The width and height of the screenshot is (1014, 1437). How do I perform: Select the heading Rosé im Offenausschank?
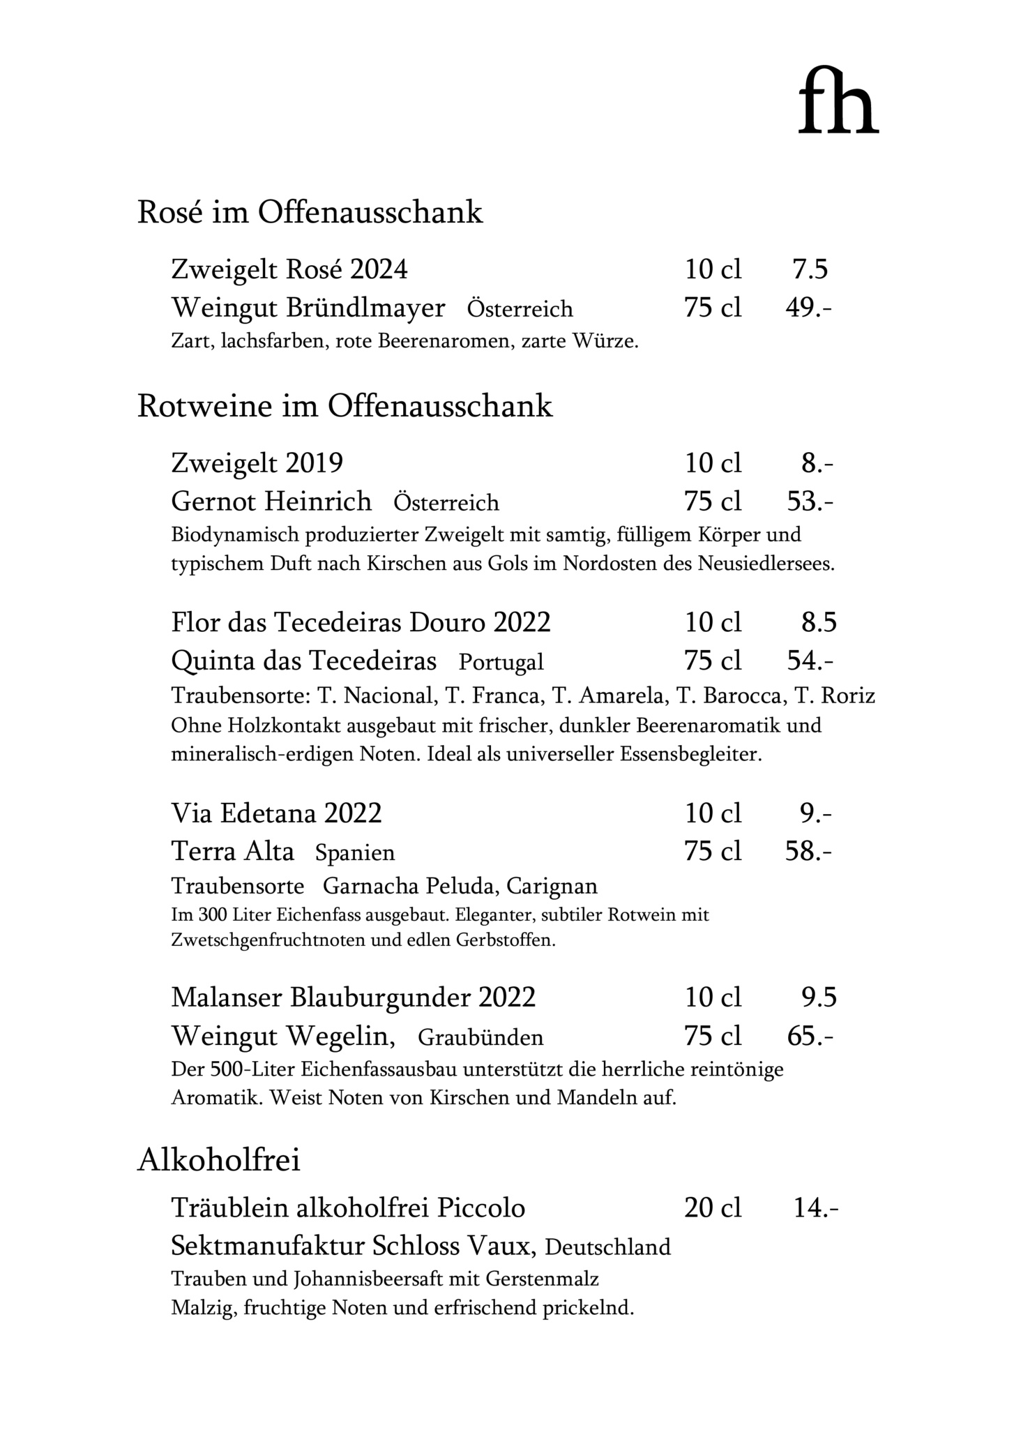pyautogui.click(x=310, y=212)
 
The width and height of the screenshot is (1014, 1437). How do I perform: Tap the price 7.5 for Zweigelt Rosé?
pyautogui.click(x=810, y=269)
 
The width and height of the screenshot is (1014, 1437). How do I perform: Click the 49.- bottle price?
pyautogui.click(x=808, y=308)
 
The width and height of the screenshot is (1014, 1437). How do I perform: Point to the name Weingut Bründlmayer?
pyautogui.click(x=308, y=308)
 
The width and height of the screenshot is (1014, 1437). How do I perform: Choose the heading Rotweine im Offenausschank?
pyautogui.click(x=345, y=406)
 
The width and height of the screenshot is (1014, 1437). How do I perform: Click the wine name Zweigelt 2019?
pyautogui.click(x=257, y=462)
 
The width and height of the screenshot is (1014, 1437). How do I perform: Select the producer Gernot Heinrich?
pyautogui.click(x=271, y=502)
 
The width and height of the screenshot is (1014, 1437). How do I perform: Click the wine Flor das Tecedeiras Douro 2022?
pyautogui.click(x=361, y=622)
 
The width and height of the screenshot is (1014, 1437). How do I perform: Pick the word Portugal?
pyautogui.click(x=501, y=661)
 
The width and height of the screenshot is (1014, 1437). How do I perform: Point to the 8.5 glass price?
pyautogui.click(x=818, y=622)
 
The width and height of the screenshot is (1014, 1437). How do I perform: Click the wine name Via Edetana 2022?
pyautogui.click(x=276, y=813)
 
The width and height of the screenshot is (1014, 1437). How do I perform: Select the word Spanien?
pyautogui.click(x=355, y=852)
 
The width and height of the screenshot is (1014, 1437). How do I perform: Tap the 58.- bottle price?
pyautogui.click(x=808, y=851)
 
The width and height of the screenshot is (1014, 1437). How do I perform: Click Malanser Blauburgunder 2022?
pyautogui.click(x=353, y=998)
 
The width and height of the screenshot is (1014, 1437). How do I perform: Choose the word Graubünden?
pyautogui.click(x=480, y=1037)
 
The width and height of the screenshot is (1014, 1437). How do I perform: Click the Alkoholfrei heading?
pyautogui.click(x=219, y=1160)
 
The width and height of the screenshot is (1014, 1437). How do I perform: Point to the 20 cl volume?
pyautogui.click(x=713, y=1207)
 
